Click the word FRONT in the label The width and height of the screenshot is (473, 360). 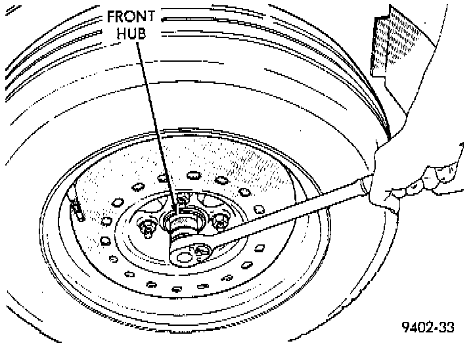pos(131,16)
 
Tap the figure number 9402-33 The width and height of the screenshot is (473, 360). pos(428,327)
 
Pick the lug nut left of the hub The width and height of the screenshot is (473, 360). pos(148,228)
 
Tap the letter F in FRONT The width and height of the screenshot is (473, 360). pos(112,16)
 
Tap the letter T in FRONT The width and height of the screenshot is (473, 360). pos(151,16)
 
